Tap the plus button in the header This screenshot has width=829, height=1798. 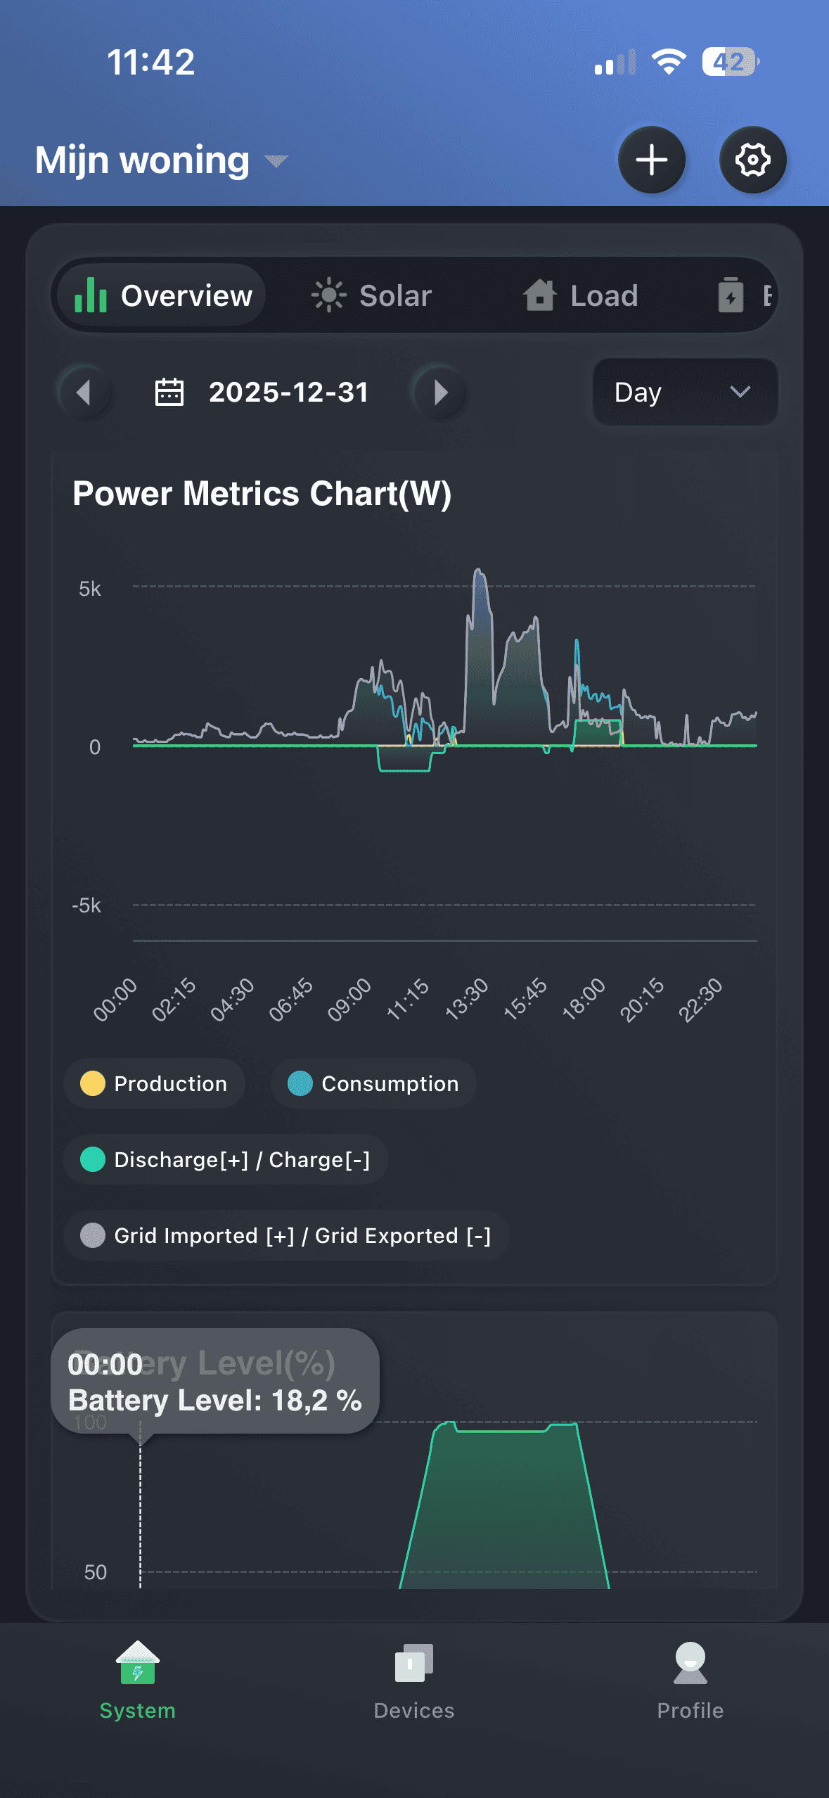coord(652,160)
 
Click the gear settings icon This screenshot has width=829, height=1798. coord(752,160)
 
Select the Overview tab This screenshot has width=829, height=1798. coord(163,295)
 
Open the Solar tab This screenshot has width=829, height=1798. coord(372,295)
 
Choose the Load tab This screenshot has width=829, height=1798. coord(581,295)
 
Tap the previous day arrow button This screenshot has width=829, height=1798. coord(84,392)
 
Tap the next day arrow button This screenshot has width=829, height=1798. coord(440,392)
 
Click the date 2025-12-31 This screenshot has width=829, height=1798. coord(288,393)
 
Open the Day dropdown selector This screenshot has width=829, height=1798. coord(684,392)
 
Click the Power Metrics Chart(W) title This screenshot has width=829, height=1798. coord(262,493)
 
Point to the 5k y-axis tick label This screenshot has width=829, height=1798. coord(90,589)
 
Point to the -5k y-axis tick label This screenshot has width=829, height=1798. coord(86,905)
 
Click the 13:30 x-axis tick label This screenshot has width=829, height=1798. coord(466,998)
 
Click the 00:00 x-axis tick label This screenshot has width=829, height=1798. coord(115,998)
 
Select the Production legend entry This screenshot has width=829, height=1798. coord(155,1083)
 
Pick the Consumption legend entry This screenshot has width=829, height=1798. coord(373,1083)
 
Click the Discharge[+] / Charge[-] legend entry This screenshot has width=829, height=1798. coord(226,1159)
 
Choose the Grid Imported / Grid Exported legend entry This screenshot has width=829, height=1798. coord(286,1235)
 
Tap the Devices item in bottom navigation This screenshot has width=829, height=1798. coord(414,1681)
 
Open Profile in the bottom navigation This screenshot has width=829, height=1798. coord(690,1681)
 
